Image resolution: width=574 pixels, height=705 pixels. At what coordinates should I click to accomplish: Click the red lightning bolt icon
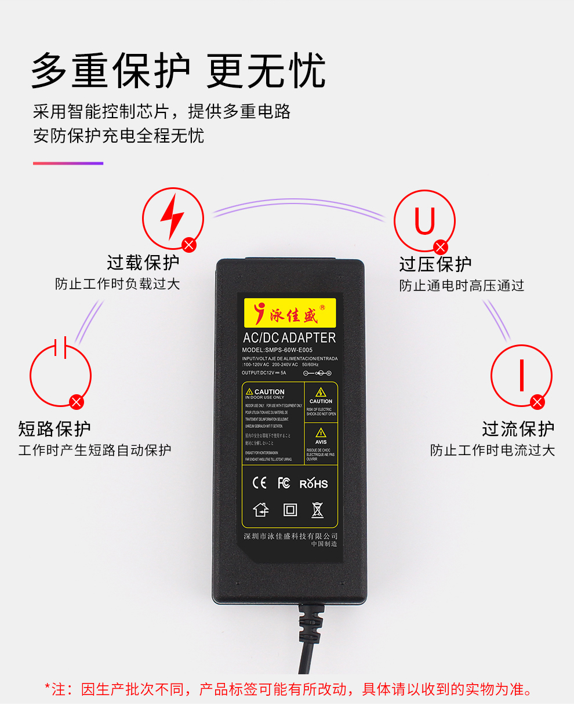tap(172, 217)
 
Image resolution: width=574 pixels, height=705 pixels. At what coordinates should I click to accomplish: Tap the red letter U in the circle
tap(424, 221)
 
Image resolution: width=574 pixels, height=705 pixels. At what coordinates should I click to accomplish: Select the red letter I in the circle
tap(521, 375)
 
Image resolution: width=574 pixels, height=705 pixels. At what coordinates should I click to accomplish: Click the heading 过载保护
tap(143, 262)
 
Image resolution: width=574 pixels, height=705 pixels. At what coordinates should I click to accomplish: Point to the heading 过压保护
tap(435, 264)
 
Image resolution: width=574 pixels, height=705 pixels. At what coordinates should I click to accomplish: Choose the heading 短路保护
tap(55, 429)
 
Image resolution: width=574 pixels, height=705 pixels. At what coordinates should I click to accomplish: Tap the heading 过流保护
tap(518, 429)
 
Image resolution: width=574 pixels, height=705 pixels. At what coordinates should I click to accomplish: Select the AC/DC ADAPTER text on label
tap(289, 337)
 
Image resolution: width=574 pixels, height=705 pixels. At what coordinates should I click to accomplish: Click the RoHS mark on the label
tap(314, 484)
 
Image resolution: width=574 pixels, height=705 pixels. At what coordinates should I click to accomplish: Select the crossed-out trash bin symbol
tap(317, 510)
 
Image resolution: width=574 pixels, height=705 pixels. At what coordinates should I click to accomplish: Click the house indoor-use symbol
tap(261, 510)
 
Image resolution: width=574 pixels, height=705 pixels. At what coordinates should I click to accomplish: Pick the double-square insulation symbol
tap(290, 510)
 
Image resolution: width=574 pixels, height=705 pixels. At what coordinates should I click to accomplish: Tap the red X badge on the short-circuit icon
tap(76, 401)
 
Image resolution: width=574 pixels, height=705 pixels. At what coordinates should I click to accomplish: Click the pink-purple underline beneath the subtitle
tap(68, 163)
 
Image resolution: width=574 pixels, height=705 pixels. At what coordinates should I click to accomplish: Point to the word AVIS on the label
tap(321, 442)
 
